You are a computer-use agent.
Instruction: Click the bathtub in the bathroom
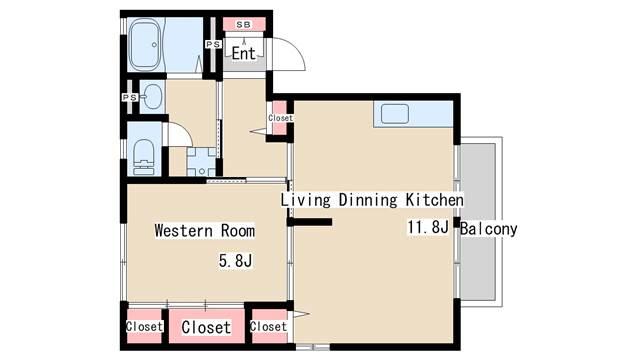coord(144,44)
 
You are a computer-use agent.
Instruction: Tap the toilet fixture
coord(143,157)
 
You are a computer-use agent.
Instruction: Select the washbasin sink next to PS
coord(152,97)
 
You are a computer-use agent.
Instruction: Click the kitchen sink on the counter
coord(395,113)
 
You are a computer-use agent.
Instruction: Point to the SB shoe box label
coord(244,24)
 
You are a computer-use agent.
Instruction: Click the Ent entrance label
coord(244,53)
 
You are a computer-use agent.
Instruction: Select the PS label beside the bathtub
coord(213,44)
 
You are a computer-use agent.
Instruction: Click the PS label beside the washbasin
coord(130,98)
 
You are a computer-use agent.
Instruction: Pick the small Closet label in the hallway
coord(280,118)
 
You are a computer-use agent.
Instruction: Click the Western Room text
coord(205,231)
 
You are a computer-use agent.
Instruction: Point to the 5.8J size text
coord(236,261)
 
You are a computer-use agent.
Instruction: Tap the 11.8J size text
coord(428,227)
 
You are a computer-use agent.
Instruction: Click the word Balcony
coord(489,229)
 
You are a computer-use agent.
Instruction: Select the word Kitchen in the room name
coord(435,200)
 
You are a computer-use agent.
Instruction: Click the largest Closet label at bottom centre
coord(206,327)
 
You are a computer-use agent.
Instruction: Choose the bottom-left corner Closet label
coord(144,327)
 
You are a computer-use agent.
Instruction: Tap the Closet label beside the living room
coord(269,327)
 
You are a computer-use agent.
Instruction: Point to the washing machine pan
coord(201,162)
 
